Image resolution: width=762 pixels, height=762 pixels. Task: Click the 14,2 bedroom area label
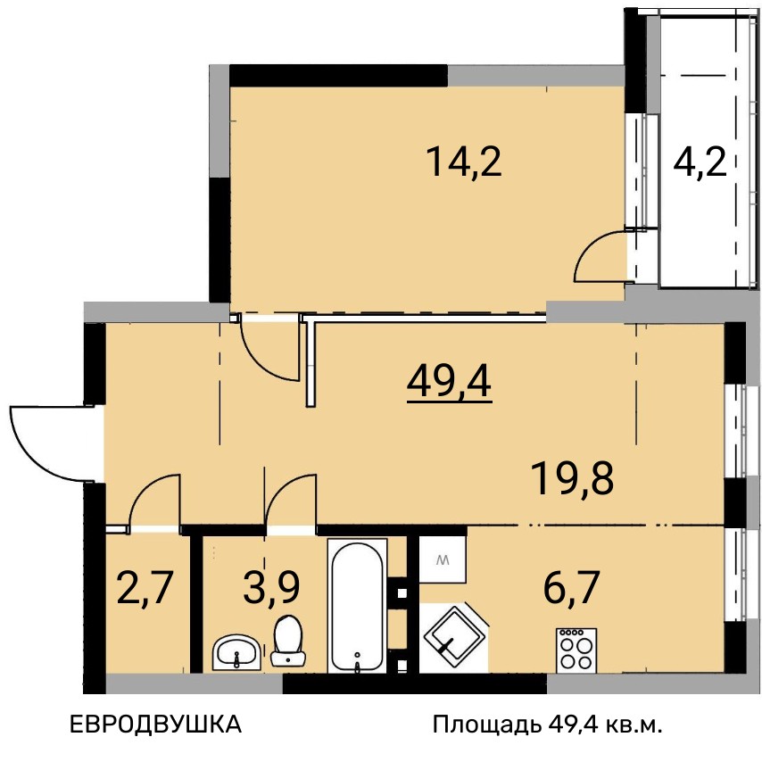pos(464,162)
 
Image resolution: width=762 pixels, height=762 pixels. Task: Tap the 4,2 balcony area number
pos(700,163)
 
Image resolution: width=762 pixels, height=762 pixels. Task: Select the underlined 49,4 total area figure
pos(450,384)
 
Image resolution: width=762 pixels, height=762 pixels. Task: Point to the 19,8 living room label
pos(573,479)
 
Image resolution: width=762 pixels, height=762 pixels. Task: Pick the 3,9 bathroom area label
pos(271,587)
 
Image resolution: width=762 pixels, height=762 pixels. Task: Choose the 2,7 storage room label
pos(145,587)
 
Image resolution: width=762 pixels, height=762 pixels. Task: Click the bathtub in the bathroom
pos(357,606)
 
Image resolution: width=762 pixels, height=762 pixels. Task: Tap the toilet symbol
pos(288,641)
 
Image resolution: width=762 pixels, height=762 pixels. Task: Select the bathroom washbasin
pos(236,652)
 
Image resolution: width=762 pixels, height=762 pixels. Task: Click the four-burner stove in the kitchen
pos(576,650)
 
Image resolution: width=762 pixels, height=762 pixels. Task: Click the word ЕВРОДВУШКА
pos(156,725)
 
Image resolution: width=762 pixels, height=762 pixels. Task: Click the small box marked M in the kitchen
pos(443,559)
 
